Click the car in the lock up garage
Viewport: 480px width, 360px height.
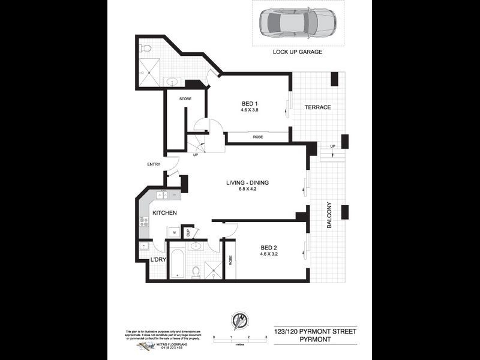pyautogui.click(x=298, y=23)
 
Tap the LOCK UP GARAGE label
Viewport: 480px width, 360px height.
pyautogui.click(x=298, y=52)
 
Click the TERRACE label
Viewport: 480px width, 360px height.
pyautogui.click(x=317, y=107)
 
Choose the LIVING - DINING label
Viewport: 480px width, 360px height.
pyautogui.click(x=247, y=182)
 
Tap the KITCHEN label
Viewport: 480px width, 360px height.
pyautogui.click(x=164, y=213)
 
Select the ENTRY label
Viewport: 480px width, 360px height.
pyautogui.click(x=154, y=164)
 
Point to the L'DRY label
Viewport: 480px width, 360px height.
pyautogui.click(x=158, y=259)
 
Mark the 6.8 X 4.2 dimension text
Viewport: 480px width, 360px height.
pyautogui.click(x=247, y=190)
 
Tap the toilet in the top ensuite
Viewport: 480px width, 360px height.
pyautogui.click(x=146, y=47)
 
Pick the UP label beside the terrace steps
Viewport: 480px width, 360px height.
pyautogui.click(x=332, y=146)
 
